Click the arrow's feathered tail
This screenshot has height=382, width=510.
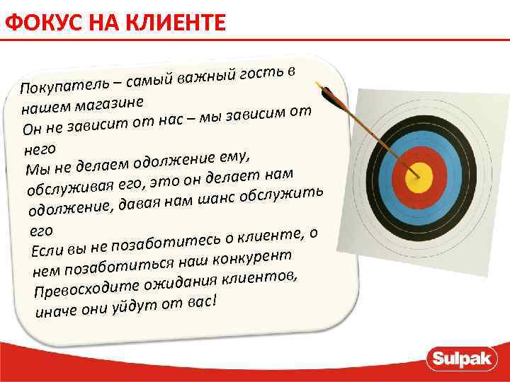(x=327, y=92)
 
